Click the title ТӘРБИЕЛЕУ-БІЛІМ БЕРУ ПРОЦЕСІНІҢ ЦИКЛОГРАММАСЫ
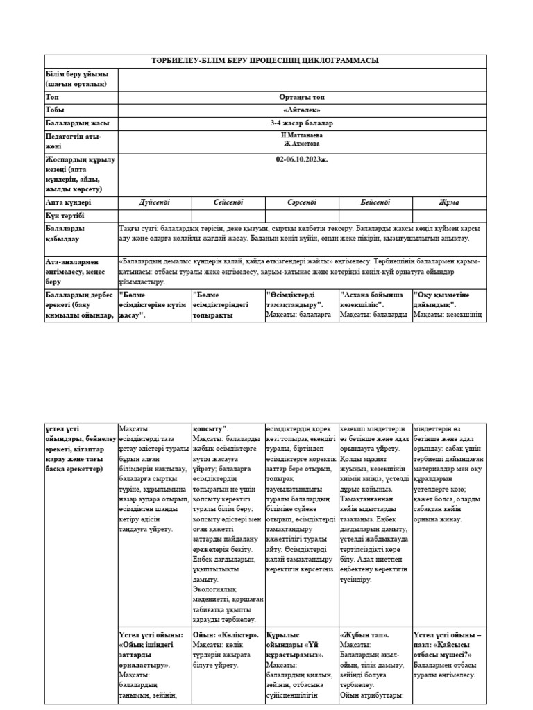266,61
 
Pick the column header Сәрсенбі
302,202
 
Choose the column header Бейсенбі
375,202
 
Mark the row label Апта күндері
68,202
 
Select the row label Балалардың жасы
77,123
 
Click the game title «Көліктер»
237,634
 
